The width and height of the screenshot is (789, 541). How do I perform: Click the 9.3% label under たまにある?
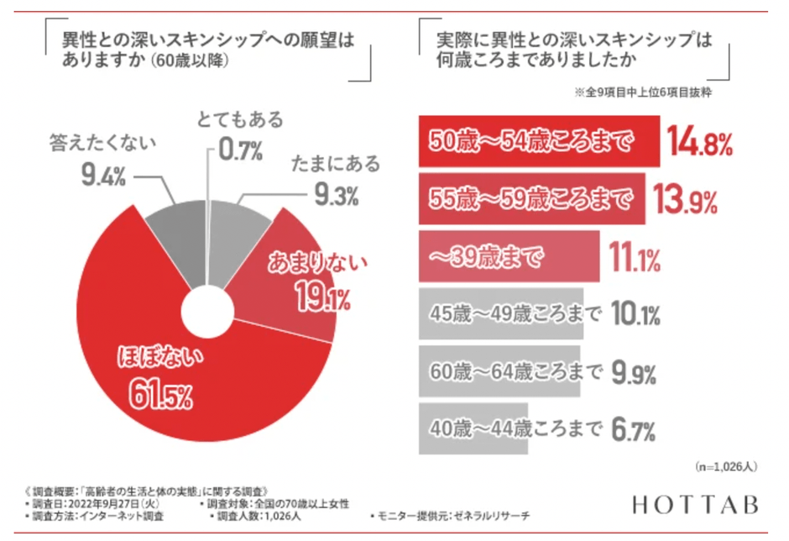click(336, 196)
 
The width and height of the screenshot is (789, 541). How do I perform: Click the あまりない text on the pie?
click(317, 265)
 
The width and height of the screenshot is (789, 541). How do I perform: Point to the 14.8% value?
click(700, 144)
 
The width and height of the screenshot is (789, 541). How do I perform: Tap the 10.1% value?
click(635, 315)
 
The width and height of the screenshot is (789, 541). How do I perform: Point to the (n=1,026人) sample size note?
click(727, 465)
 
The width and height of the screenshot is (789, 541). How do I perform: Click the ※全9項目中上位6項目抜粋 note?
click(643, 93)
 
